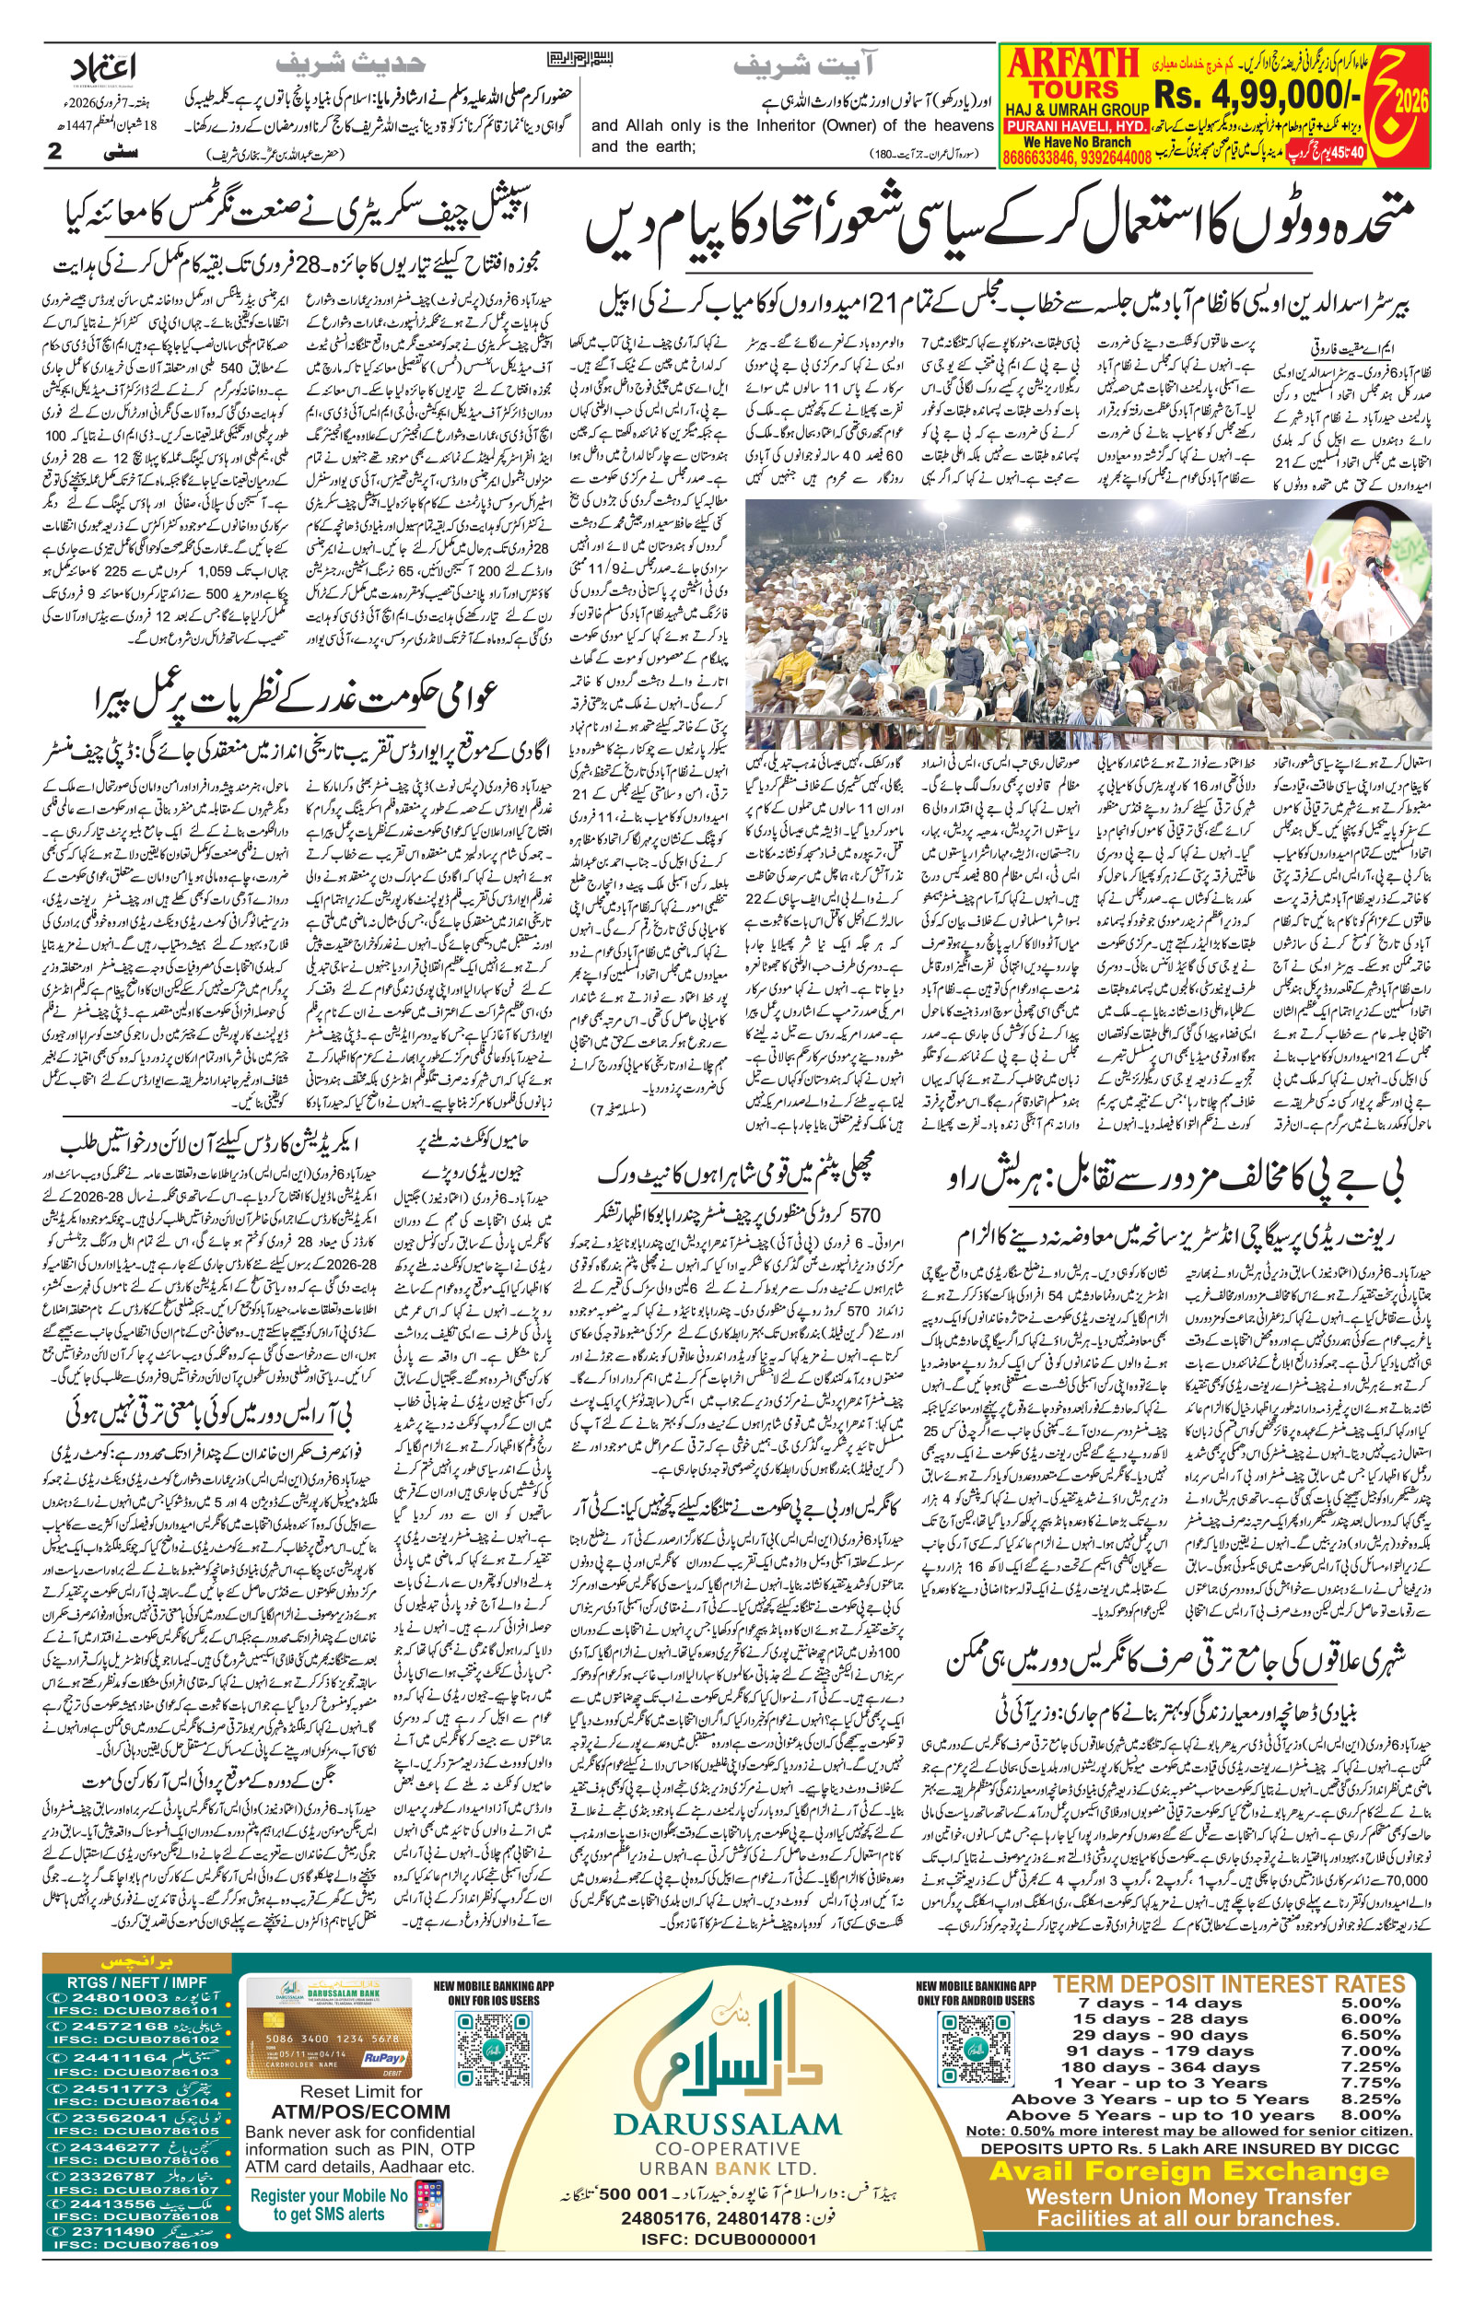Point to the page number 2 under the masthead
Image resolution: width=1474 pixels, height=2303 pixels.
click(x=53, y=151)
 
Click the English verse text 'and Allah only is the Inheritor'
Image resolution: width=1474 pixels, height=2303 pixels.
click(x=792, y=125)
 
